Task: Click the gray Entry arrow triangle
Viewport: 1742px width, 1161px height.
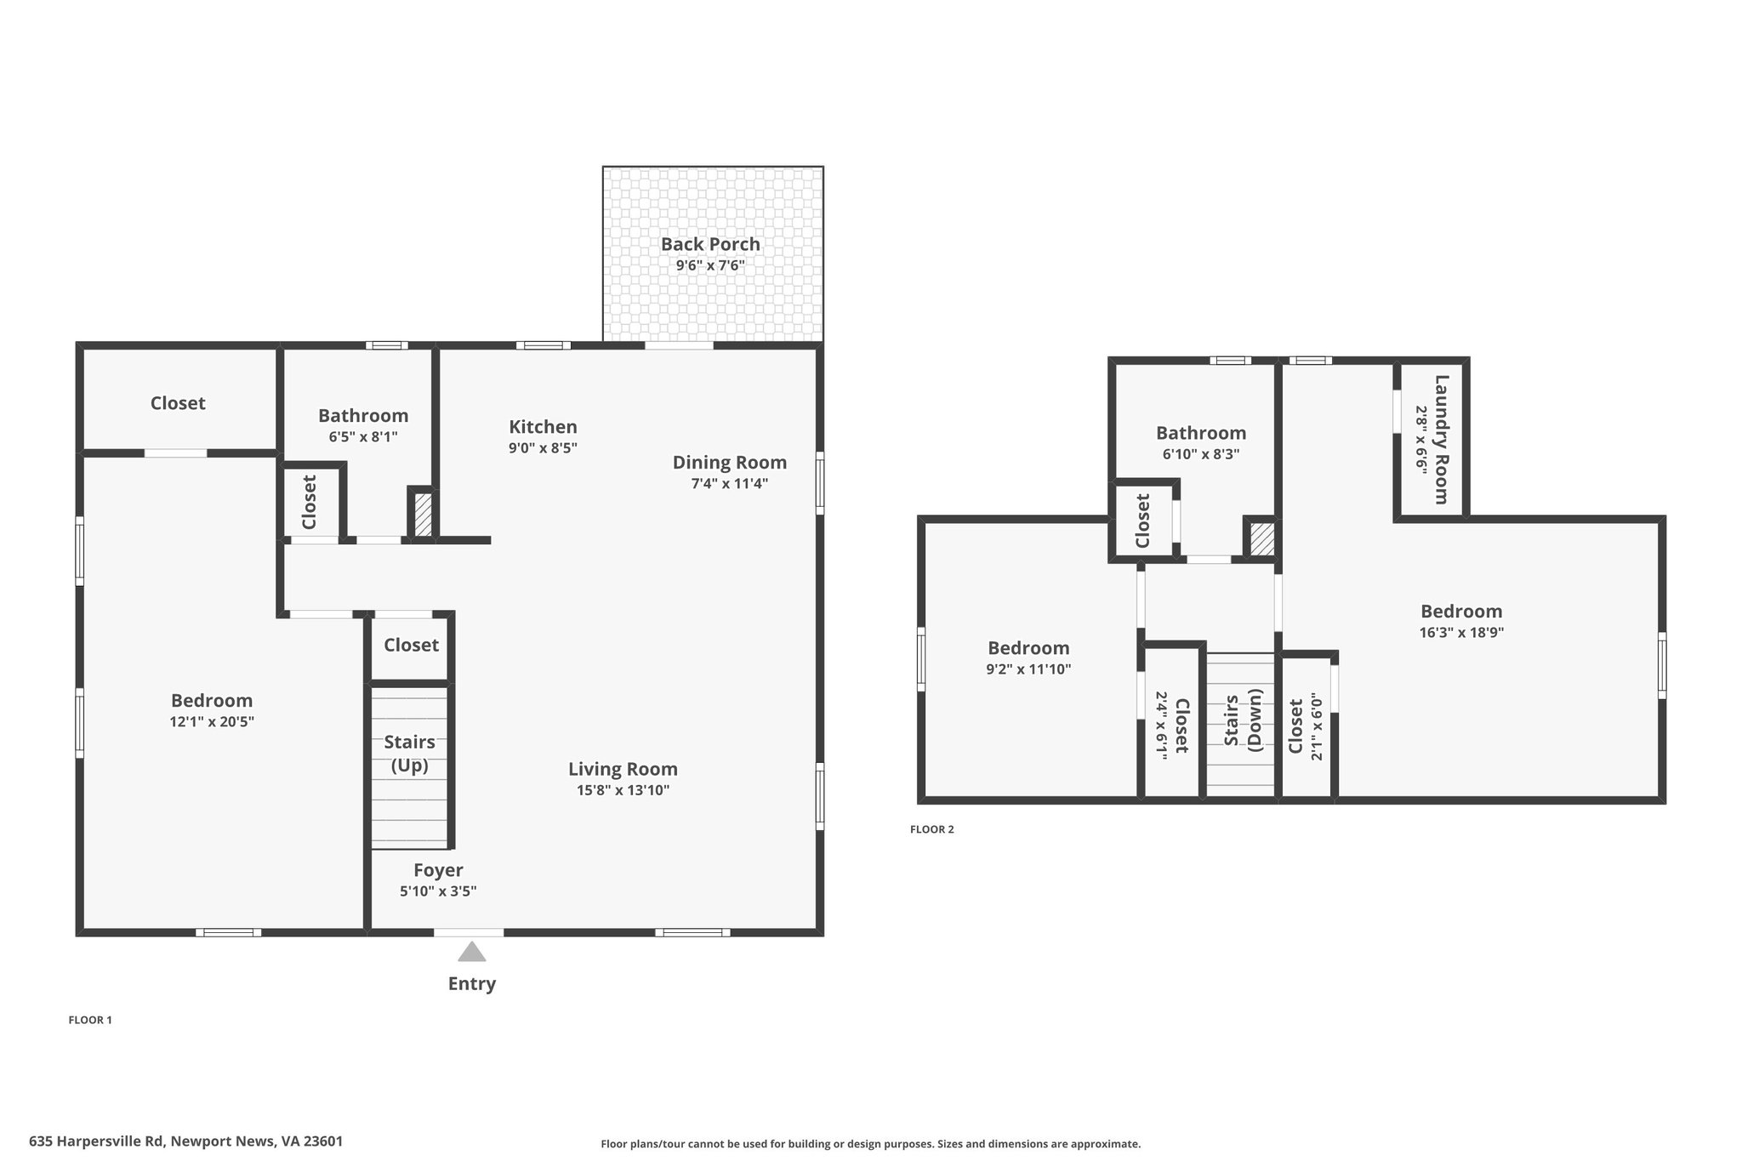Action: [472, 952]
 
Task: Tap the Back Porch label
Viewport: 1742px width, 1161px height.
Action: [710, 244]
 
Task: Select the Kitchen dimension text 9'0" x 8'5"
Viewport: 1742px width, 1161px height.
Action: [543, 448]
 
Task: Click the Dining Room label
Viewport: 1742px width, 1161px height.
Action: [730, 463]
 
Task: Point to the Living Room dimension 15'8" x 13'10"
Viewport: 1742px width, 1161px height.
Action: [623, 790]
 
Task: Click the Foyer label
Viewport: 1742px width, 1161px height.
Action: [438, 870]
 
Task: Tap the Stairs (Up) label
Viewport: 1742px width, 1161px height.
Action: [409, 754]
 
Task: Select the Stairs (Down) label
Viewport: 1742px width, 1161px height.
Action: [1243, 720]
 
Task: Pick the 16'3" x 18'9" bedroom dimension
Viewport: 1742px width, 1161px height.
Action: [1461, 633]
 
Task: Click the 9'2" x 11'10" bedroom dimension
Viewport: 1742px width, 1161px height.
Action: [1028, 669]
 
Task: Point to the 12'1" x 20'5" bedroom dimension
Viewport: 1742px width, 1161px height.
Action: [212, 722]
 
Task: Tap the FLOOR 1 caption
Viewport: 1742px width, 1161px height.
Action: [90, 1020]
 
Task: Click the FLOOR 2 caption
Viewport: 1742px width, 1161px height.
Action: [932, 829]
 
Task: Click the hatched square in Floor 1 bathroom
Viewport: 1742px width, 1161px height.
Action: [423, 515]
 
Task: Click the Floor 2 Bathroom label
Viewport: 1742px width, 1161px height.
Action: [1201, 433]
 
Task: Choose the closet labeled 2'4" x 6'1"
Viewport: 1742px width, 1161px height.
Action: [1172, 726]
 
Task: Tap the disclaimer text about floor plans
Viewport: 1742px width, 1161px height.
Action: [871, 1144]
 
